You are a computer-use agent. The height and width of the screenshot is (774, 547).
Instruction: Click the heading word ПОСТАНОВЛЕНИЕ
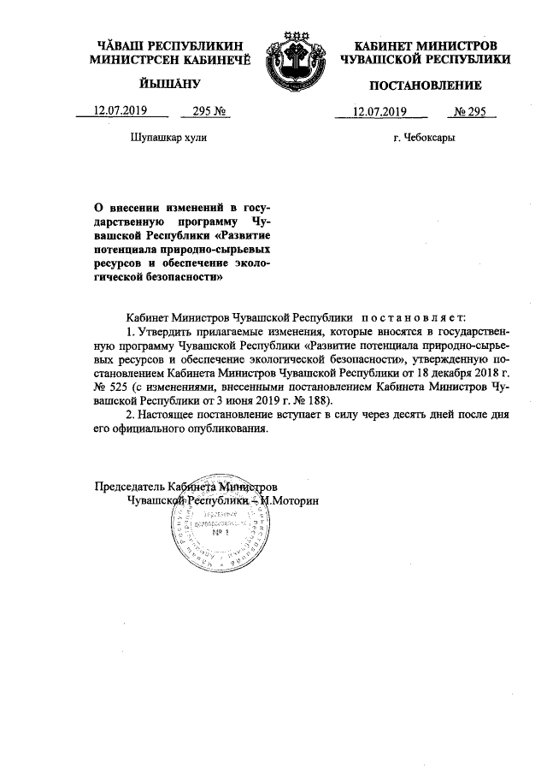425,86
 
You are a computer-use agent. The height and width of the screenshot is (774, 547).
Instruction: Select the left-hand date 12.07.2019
121,110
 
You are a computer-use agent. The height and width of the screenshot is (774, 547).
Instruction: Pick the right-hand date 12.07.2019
379,110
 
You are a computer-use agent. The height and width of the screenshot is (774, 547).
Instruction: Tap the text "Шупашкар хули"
168,137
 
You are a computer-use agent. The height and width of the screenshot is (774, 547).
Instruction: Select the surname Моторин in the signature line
293,500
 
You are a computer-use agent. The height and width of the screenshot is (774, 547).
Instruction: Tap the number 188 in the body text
321,399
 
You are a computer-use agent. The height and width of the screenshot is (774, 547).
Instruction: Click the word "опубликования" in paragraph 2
226,429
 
